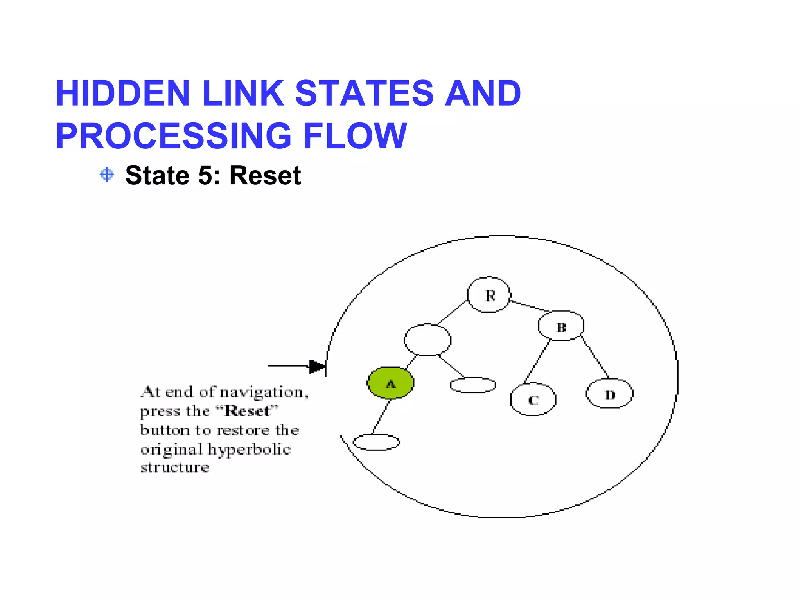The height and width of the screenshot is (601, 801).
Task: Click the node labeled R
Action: [x=489, y=295]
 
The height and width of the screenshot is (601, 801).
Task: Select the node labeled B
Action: [x=561, y=326]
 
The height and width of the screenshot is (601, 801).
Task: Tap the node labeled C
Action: [x=533, y=399]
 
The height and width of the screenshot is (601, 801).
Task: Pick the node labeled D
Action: [x=609, y=394]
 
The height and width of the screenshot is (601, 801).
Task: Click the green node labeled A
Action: [x=390, y=383]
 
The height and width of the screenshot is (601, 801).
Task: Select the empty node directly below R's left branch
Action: [x=427, y=340]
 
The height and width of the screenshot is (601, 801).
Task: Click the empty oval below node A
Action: [x=376, y=442]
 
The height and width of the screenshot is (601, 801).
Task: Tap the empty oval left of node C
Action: [x=473, y=385]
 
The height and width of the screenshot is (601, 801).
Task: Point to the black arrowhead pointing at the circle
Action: [x=317, y=367]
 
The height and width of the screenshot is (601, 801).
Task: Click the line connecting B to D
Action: [x=595, y=357]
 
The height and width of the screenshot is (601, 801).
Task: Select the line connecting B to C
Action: [x=537, y=362]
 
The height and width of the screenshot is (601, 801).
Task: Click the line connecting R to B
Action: [x=530, y=306]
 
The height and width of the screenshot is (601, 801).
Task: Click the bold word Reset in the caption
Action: [x=247, y=411]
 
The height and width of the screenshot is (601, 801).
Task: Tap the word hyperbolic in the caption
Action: [x=249, y=450]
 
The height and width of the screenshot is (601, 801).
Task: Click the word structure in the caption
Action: [x=175, y=468]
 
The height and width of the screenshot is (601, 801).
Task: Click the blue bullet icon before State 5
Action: [x=107, y=175]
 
